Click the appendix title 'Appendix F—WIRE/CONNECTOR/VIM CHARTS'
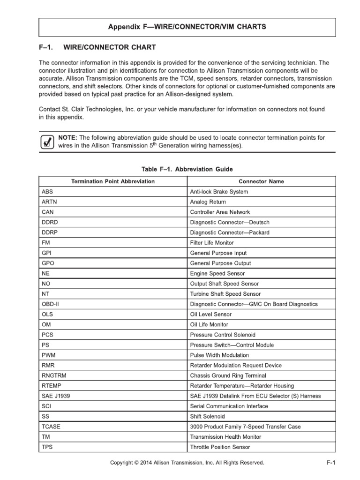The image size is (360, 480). (187, 27)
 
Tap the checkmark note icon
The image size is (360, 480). (46, 141)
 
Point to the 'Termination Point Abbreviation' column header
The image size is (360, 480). (112, 181)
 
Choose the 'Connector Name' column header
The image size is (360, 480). (261, 181)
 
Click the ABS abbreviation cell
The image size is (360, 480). (47, 192)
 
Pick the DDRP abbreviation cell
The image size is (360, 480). (50, 232)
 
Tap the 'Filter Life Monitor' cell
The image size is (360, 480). (212, 243)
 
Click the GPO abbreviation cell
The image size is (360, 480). (48, 263)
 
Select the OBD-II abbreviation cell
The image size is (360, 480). (51, 304)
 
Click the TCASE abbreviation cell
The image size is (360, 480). (51, 427)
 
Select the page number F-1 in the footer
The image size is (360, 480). (331, 463)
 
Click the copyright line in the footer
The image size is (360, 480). (187, 463)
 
